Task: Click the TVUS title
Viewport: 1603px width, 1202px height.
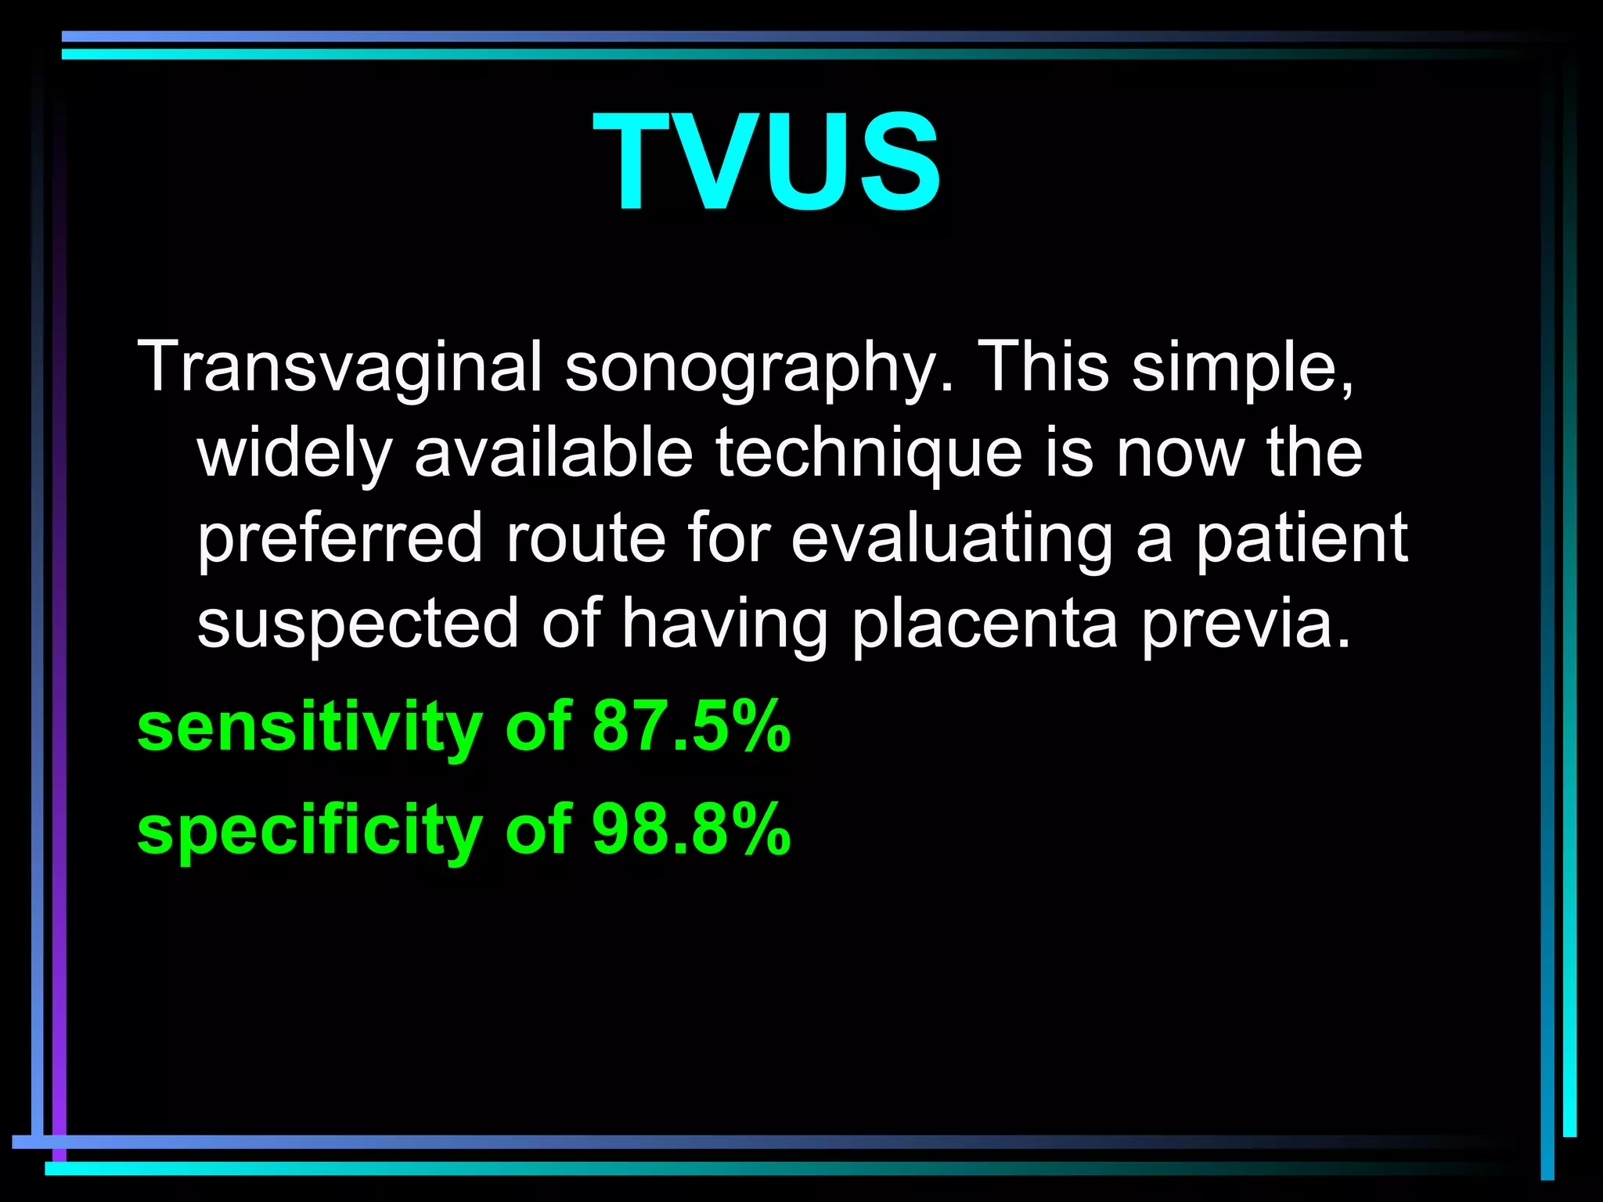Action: (767, 162)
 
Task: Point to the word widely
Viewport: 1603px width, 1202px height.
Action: (294, 454)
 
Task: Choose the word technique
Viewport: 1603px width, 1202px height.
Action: (869, 454)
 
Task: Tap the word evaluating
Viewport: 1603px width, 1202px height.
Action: (952, 540)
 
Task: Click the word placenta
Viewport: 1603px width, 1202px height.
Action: (985, 624)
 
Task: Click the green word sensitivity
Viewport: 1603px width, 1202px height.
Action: (310, 728)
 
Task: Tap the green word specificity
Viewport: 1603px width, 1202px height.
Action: (310, 831)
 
